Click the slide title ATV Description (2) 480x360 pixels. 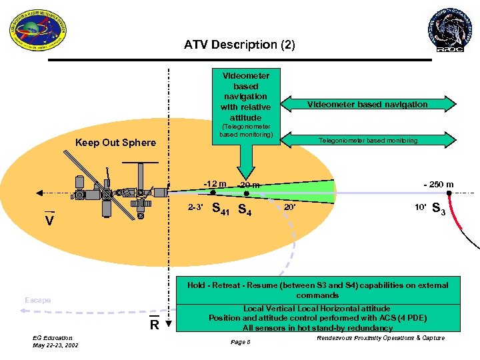[239, 45]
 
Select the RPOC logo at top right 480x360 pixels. [448, 29]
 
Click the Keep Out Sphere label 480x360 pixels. [115, 142]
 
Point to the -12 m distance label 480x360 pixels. [215, 183]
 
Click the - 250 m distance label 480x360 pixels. [438, 185]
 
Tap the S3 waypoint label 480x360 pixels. [439, 209]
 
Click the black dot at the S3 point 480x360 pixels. [449, 193]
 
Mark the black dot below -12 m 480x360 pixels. [213, 193]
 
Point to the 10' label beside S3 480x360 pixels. [420, 207]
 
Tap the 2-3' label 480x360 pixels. [196, 207]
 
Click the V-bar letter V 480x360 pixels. [49, 221]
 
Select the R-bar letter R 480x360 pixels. [153, 325]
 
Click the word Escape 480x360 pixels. [37, 300]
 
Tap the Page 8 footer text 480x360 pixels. [239, 342]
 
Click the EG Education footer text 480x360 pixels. [53, 338]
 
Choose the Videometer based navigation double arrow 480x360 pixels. [367, 104]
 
